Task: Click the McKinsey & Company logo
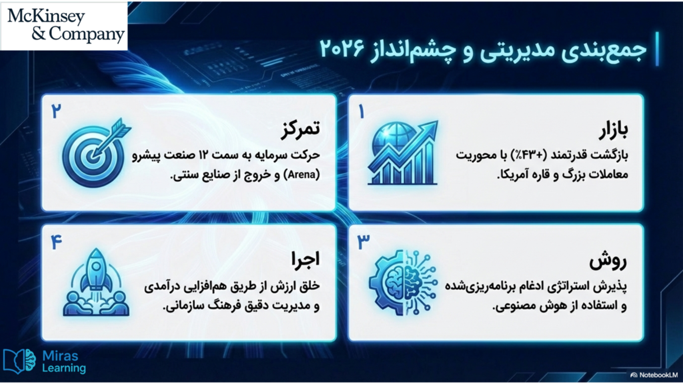coord(64,25)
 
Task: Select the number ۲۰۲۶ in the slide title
coord(342,48)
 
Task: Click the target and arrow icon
coord(97,153)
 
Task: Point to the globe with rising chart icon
coord(403,153)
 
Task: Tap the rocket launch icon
coord(96,282)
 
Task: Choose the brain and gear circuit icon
coord(402,282)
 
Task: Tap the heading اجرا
coord(305,259)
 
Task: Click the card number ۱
coord(361,112)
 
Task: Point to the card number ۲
coord(56,111)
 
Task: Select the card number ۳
coord(364,242)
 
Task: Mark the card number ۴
coord(56,242)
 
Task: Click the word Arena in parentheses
coord(301,175)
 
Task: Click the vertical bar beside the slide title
coord(657,48)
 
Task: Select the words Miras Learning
coord(64,362)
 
